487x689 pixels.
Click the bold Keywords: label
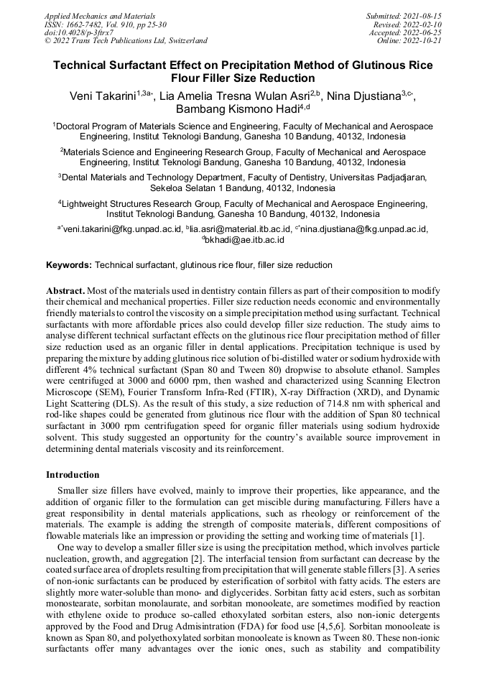69,265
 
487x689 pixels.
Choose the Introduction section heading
73,475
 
